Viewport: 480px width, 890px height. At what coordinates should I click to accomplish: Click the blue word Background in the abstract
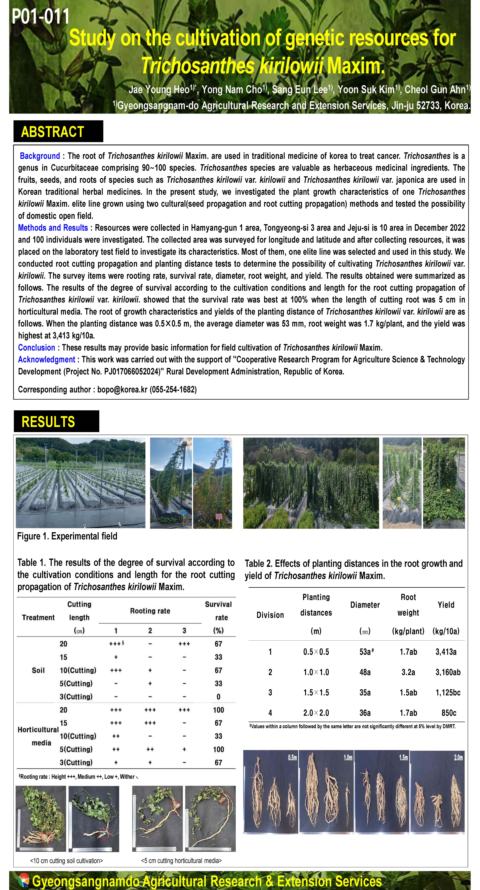pyautogui.click(x=40, y=156)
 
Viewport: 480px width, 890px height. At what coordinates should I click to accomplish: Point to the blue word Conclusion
pyautogui.click(x=37, y=348)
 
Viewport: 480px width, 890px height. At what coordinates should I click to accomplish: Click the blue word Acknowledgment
pyautogui.click(x=47, y=360)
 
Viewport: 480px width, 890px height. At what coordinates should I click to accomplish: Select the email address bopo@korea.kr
pyautogui.click(x=122, y=390)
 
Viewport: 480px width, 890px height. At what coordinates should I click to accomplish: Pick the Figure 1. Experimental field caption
pyautogui.click(x=67, y=536)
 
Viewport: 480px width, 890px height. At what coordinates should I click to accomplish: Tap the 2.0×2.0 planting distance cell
pyautogui.click(x=316, y=713)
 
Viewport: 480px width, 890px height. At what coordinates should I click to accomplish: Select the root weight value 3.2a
pyautogui.click(x=408, y=672)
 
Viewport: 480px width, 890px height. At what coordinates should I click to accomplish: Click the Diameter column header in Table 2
pyautogui.click(x=365, y=605)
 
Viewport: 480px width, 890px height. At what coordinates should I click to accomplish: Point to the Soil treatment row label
pyautogui.click(x=38, y=670)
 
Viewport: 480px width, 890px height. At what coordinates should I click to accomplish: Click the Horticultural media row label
pyautogui.click(x=38, y=736)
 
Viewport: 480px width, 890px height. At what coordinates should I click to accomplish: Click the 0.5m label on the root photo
pyautogui.click(x=292, y=758)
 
